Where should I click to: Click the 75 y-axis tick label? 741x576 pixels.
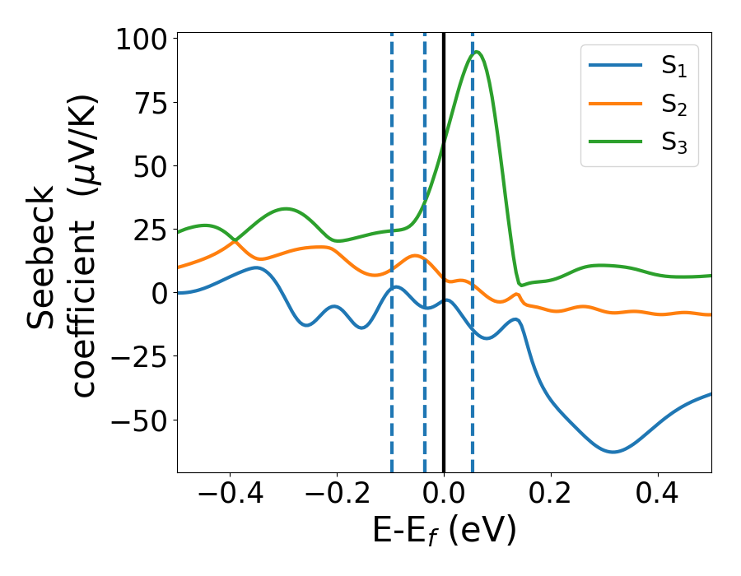click(x=149, y=103)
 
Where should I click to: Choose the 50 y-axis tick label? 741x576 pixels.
click(x=149, y=166)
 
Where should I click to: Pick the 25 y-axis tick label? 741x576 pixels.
click(x=149, y=230)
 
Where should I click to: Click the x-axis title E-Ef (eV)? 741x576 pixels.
click(x=445, y=532)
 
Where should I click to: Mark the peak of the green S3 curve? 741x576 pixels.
click(x=477, y=52)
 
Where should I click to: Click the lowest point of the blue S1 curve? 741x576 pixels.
click(x=613, y=452)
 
